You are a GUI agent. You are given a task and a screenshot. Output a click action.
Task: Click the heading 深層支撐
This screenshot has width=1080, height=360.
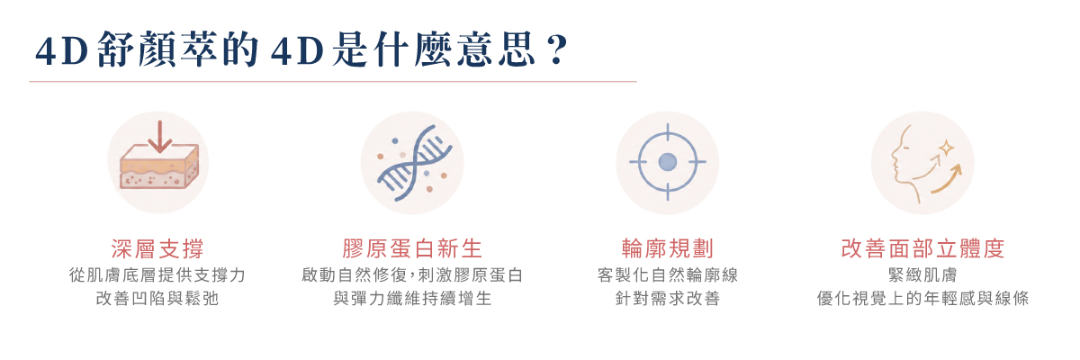pyautogui.click(x=157, y=248)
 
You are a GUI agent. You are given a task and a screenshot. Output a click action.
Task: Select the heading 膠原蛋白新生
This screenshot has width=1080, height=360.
pyautogui.click(x=412, y=248)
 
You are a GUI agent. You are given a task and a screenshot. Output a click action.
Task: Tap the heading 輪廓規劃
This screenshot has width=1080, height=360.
pyautogui.click(x=667, y=248)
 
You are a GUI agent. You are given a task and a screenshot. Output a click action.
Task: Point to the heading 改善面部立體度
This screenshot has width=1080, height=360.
pyautogui.click(x=922, y=248)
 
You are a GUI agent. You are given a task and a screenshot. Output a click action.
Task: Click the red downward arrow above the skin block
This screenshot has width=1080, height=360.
pyautogui.click(x=159, y=137)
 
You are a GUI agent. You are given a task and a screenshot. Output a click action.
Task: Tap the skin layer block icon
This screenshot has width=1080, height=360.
pyautogui.click(x=159, y=166)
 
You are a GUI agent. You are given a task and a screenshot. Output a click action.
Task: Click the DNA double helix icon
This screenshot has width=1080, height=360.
pyautogui.click(x=415, y=162)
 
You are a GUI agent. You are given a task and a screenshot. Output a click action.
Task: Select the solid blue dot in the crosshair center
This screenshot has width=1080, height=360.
pyautogui.click(x=667, y=162)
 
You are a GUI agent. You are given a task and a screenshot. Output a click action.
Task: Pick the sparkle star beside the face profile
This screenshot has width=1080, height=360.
pyautogui.click(x=946, y=148)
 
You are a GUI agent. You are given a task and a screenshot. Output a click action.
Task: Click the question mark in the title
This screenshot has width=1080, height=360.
pyautogui.click(x=557, y=49)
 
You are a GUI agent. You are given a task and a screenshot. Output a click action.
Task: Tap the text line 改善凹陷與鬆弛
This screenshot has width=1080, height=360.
pyautogui.click(x=157, y=298)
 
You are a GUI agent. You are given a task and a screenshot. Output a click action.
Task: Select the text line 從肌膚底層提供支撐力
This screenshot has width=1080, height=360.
pyautogui.click(x=157, y=275)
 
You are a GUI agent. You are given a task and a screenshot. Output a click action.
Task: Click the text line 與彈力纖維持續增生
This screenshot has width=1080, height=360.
pyautogui.click(x=412, y=298)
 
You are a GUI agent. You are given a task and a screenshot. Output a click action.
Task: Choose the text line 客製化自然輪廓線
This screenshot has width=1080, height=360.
pyautogui.click(x=667, y=275)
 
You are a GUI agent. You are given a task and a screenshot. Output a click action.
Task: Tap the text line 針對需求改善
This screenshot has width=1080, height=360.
pyautogui.click(x=667, y=298)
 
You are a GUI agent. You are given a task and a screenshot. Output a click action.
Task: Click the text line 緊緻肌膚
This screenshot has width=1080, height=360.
pyautogui.click(x=922, y=275)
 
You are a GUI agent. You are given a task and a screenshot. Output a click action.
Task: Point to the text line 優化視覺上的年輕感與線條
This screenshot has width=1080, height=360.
pyautogui.click(x=922, y=298)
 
